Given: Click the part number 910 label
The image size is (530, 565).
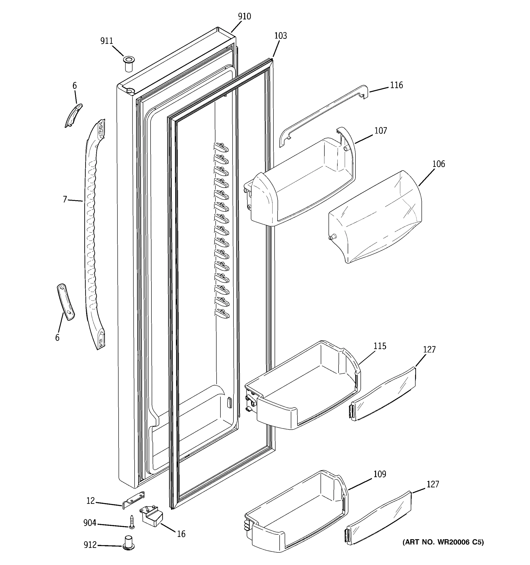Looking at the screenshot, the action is click(x=245, y=16).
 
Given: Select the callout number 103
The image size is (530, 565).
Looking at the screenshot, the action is click(x=280, y=36).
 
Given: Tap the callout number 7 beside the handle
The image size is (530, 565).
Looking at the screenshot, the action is click(x=65, y=199).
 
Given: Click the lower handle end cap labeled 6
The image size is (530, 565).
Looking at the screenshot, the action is click(x=66, y=302).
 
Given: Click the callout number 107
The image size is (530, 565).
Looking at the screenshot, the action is click(x=380, y=130).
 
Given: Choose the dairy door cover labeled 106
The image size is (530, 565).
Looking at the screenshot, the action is click(x=375, y=217).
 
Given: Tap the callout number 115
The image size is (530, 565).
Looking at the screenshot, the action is click(x=379, y=346).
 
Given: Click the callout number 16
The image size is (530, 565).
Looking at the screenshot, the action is click(x=181, y=534).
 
